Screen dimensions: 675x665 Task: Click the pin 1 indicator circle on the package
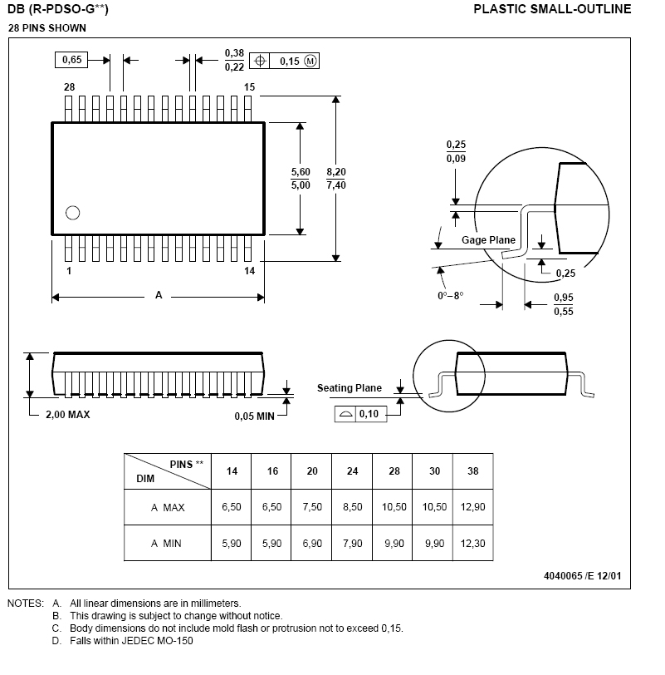click(72, 212)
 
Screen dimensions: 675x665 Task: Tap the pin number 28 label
click(70, 87)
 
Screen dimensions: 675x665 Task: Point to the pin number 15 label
click(249, 87)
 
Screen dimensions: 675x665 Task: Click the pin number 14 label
click(249, 271)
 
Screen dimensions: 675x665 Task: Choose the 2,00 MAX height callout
click(68, 415)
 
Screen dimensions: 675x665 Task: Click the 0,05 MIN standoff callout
click(254, 416)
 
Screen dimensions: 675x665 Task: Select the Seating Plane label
click(350, 388)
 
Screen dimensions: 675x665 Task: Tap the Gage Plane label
click(488, 240)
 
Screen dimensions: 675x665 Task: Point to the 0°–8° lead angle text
click(450, 296)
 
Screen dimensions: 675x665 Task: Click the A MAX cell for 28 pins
click(394, 507)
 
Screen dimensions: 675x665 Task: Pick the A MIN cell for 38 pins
click(473, 544)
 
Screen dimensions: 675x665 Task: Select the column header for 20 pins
click(312, 471)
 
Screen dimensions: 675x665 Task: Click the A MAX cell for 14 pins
click(232, 507)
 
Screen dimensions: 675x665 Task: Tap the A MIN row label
click(166, 544)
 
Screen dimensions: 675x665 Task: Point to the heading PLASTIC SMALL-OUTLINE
click(552, 10)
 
